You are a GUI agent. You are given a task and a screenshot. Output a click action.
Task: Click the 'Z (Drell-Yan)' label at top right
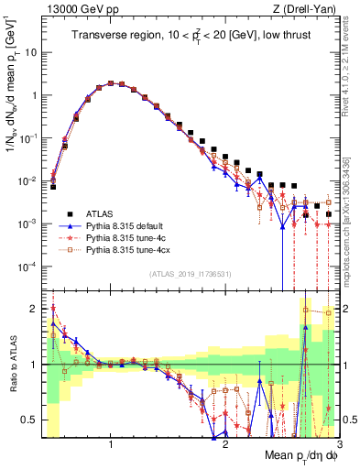pos(307,9)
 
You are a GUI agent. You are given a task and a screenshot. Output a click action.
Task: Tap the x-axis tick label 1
pos(111,442)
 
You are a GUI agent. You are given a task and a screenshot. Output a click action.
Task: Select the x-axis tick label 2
pos(225,442)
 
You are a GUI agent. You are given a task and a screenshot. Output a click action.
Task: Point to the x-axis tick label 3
pos(339,442)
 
